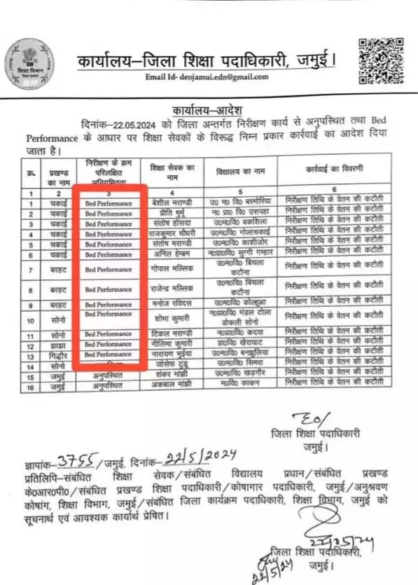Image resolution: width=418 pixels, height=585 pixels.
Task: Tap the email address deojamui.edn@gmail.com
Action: (208, 77)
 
